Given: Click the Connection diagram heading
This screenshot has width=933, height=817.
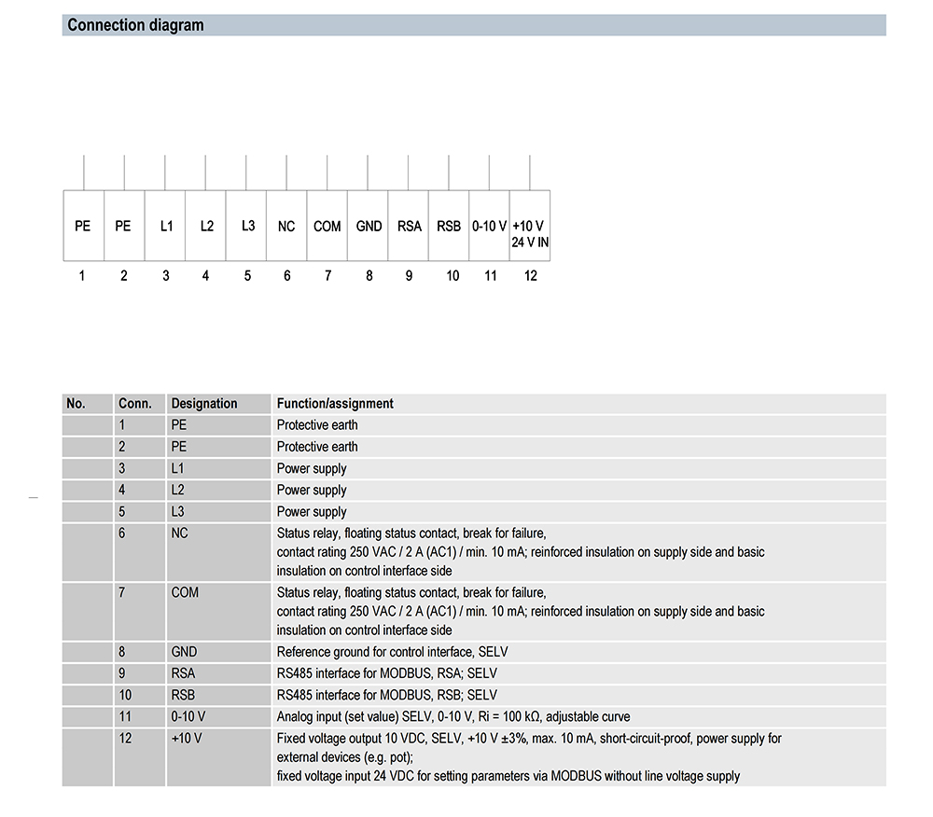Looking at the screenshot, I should click(x=135, y=25).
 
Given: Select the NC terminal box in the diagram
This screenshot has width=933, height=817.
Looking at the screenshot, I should click(x=286, y=226).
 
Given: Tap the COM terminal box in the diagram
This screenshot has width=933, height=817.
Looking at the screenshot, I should click(x=327, y=226).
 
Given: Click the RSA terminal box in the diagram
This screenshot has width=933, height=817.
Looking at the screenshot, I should click(x=409, y=226).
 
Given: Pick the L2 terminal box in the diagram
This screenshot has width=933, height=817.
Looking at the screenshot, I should click(x=206, y=226).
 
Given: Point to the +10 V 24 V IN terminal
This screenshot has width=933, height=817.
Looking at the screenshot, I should click(x=530, y=232).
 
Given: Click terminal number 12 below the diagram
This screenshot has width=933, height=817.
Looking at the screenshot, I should click(x=531, y=275).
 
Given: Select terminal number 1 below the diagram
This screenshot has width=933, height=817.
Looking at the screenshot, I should click(x=82, y=275).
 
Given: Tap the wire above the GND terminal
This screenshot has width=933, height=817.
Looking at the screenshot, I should click(x=369, y=173).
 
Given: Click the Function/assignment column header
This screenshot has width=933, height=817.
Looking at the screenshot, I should click(x=335, y=404).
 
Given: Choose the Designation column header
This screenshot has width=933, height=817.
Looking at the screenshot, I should click(x=204, y=404).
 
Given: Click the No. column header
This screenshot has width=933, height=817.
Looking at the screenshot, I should click(x=77, y=404).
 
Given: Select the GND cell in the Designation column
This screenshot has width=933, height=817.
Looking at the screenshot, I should click(x=185, y=652).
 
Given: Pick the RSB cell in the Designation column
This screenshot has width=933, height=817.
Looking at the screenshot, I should click(x=185, y=695).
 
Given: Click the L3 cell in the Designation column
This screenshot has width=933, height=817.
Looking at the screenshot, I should click(x=178, y=511).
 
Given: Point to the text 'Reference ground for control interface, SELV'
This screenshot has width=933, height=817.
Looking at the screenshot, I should click(x=392, y=652).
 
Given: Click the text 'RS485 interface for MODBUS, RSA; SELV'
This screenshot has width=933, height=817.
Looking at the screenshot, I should click(x=387, y=673).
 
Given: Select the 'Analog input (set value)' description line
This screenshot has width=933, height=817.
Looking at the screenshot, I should click(x=453, y=716).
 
